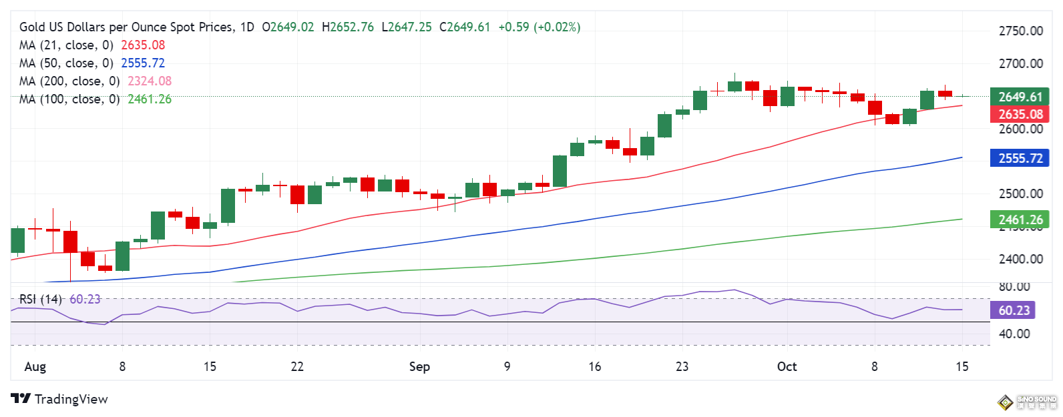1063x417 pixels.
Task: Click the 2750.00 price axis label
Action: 1020,31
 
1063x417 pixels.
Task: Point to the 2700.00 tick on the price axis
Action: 1020,63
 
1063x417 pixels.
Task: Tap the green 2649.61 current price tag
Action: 1020,97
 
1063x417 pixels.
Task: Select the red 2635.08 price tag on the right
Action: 1020,114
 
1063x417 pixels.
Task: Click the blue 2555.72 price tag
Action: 1020,158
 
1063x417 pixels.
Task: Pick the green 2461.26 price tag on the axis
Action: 1020,220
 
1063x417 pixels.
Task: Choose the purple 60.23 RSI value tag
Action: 1014,310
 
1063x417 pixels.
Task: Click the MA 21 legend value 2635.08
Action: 143,45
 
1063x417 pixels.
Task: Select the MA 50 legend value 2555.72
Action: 143,63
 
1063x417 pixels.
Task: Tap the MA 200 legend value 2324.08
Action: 150,81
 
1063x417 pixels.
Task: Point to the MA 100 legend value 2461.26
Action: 150,99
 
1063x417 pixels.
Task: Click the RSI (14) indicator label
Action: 40,300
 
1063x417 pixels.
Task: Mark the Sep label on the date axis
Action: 419,366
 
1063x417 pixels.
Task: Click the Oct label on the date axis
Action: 787,366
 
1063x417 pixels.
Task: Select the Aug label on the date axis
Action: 35,366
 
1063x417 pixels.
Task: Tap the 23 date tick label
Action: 682,366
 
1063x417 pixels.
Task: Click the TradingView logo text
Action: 71,399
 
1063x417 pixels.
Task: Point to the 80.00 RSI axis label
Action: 1014,286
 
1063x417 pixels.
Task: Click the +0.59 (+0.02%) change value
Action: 540,27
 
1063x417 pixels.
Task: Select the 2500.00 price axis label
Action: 1020,193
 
